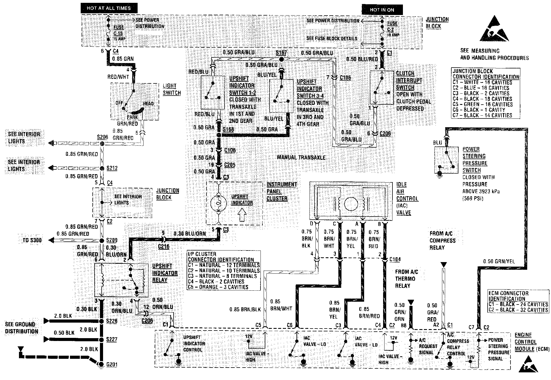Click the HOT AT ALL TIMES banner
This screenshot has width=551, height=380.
(x=109, y=8)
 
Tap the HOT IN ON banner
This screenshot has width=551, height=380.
(x=382, y=10)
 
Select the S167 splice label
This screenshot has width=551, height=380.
(x=281, y=53)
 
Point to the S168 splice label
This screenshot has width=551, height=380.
(x=228, y=129)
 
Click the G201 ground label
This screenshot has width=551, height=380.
(x=112, y=364)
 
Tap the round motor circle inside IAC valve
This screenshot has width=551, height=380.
(x=351, y=204)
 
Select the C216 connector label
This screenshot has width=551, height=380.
(x=163, y=247)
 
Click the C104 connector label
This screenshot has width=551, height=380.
(x=395, y=259)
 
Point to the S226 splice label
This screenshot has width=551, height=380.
(x=112, y=321)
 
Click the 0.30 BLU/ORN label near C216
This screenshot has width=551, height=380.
(x=190, y=234)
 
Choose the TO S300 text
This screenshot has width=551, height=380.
(x=32, y=240)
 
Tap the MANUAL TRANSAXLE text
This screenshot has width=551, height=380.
(x=301, y=157)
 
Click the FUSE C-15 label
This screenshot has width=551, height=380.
(x=118, y=31)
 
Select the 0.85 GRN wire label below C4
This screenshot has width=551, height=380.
(x=123, y=59)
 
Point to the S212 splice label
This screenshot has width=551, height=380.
(x=112, y=168)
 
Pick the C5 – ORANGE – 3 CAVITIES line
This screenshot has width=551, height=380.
(x=218, y=287)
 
